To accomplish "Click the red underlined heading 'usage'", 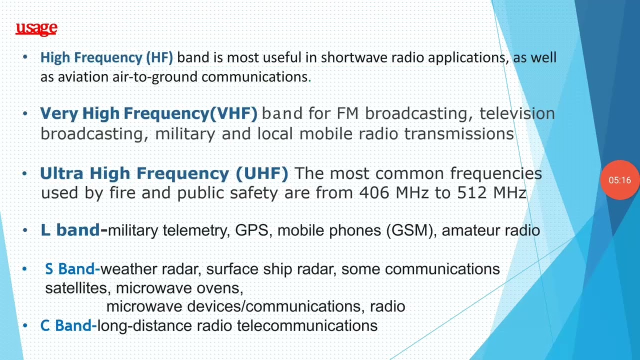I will click(36, 28).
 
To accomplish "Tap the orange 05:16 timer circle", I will click(619, 180).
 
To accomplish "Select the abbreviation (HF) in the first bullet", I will click(159, 57).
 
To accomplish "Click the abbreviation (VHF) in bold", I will click(233, 113).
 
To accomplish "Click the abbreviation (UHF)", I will click(262, 173).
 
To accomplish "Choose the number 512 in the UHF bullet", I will click(472, 193).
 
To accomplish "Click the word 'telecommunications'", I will click(307, 326).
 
